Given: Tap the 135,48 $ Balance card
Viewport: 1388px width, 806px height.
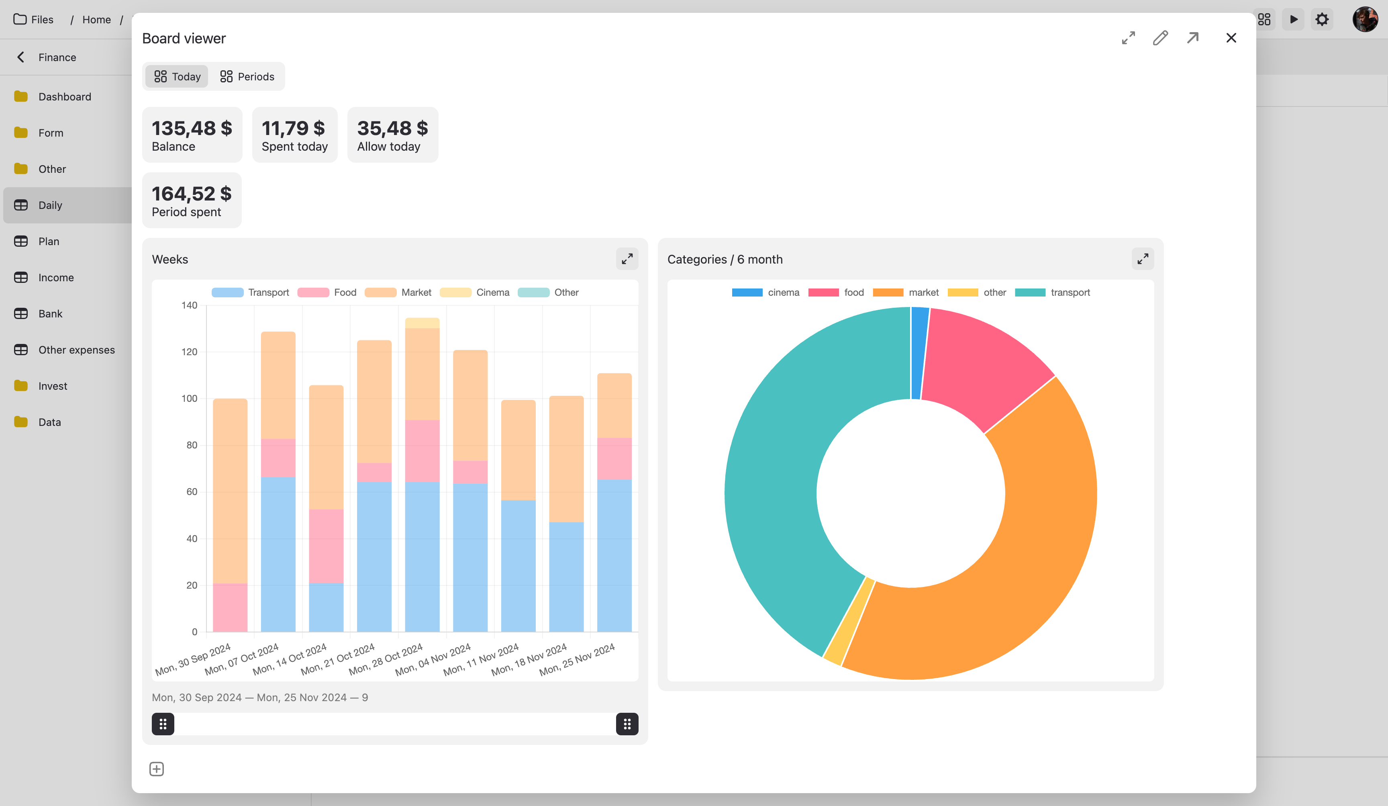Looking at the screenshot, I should click(192, 135).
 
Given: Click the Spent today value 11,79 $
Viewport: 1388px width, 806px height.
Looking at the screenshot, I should click(293, 128).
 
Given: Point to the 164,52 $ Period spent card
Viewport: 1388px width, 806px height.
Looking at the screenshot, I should click(191, 200).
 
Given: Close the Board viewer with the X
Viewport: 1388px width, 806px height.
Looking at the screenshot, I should click(1231, 38).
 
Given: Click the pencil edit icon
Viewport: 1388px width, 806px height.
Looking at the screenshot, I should click(1160, 38).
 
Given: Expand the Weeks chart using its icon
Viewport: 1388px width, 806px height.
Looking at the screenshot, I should click(627, 259).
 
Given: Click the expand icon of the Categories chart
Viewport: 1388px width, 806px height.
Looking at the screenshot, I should click(1142, 259).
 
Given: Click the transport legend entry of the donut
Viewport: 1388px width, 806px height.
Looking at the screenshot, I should click(1052, 293).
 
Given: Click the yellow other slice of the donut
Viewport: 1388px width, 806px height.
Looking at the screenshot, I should click(849, 622).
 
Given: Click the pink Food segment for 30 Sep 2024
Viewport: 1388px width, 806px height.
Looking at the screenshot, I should click(230, 607).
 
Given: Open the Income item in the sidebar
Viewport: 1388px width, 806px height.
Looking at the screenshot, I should click(56, 278).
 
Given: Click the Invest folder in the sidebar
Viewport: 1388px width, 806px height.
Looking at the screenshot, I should click(52, 386).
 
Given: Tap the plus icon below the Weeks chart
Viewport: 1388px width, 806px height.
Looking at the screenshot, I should click(156, 769).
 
